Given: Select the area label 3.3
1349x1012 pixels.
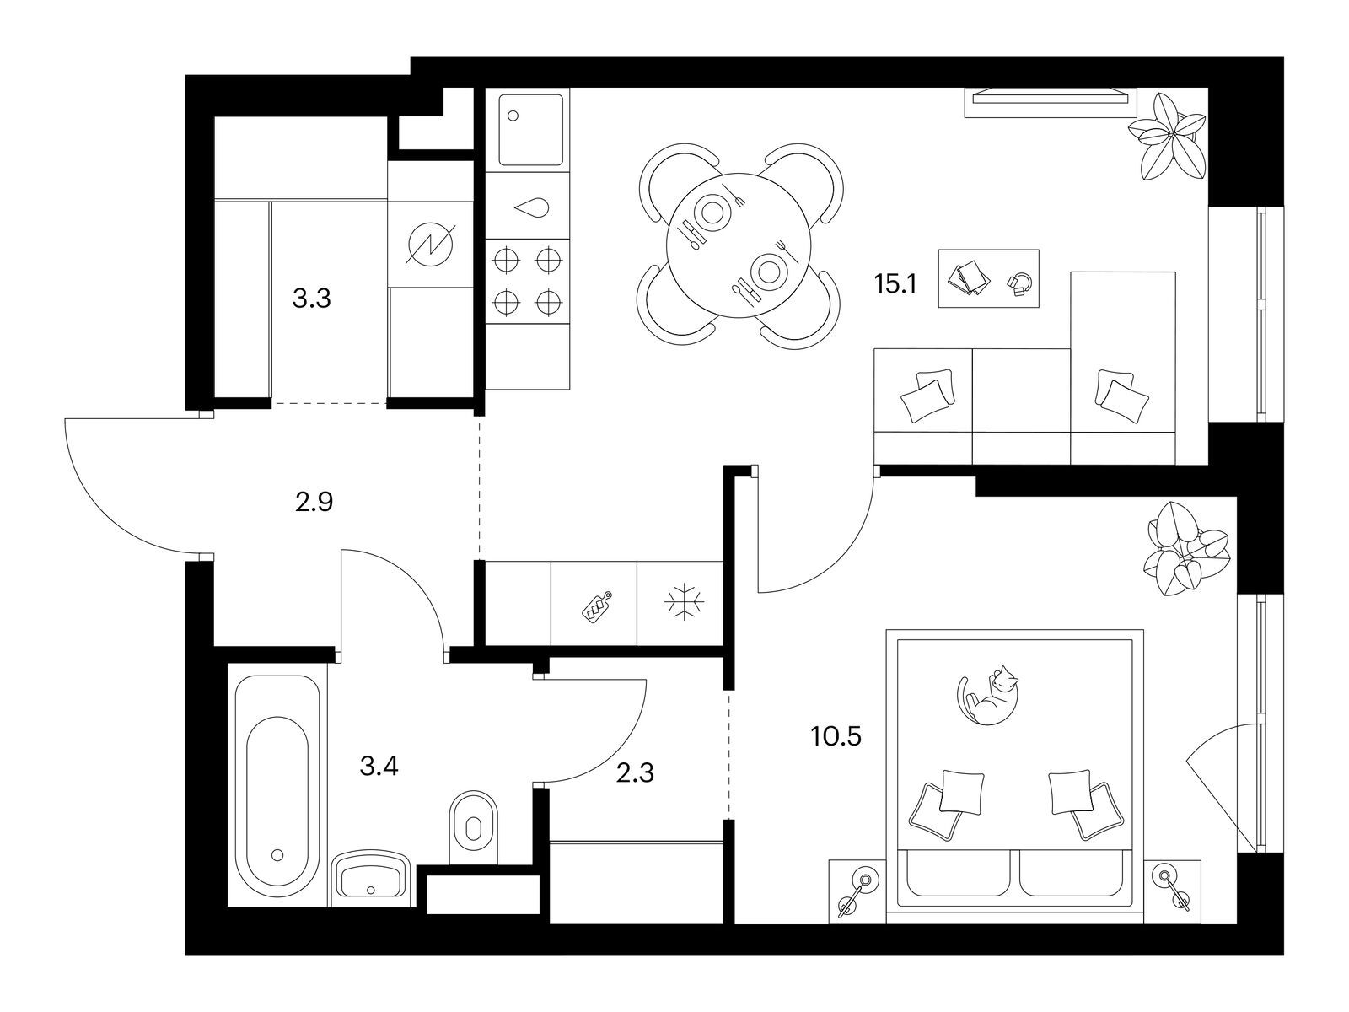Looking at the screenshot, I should pos(311,299).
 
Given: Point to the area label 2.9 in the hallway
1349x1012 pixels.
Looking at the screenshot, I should pos(314,503).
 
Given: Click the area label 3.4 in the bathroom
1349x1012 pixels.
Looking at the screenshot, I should pos(378,767).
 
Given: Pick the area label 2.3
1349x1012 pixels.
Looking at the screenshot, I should pos(634,772).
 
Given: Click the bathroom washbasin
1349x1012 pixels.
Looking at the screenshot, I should pos(371,877).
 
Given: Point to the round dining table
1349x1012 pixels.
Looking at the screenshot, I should pos(739,245).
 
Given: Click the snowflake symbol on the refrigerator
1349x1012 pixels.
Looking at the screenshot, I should pos(680,605).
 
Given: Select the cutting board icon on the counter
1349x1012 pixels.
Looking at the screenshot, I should pos(595,606).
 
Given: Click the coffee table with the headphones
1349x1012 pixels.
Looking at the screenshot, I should pos(988,278).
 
